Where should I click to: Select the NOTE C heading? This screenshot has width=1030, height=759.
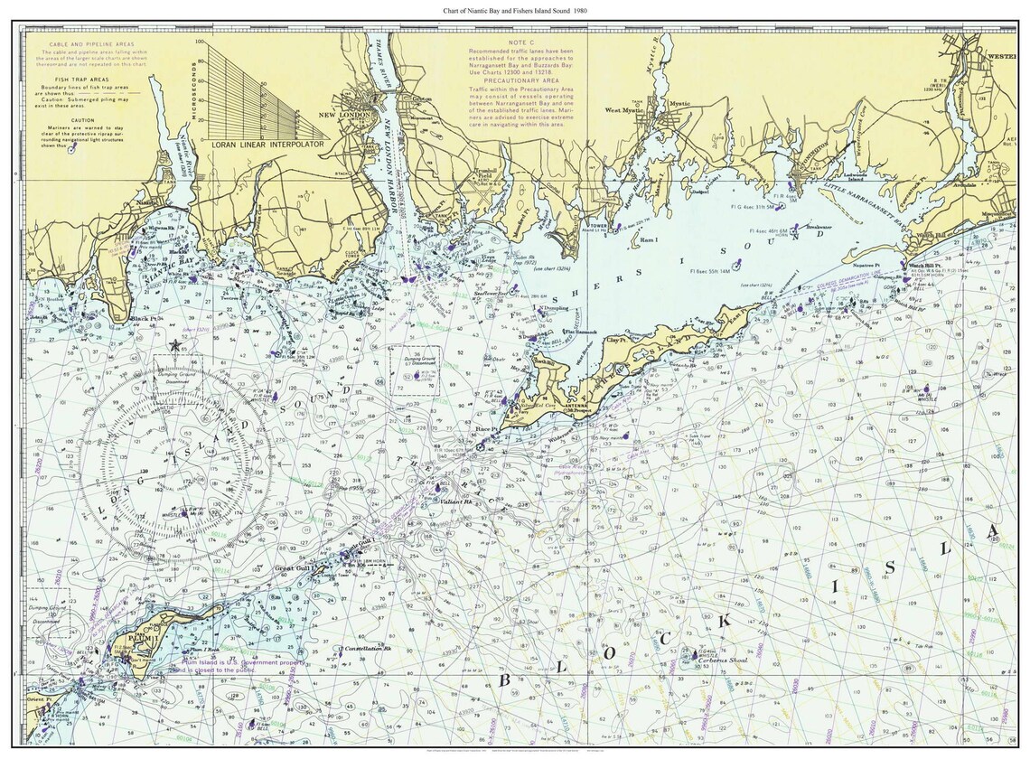coord(521,42)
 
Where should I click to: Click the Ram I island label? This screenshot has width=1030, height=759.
coord(649,240)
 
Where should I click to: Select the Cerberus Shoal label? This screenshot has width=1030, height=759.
coord(723,660)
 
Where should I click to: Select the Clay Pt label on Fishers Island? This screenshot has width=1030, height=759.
coord(618,341)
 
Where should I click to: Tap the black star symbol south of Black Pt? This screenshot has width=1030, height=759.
coord(174,346)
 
